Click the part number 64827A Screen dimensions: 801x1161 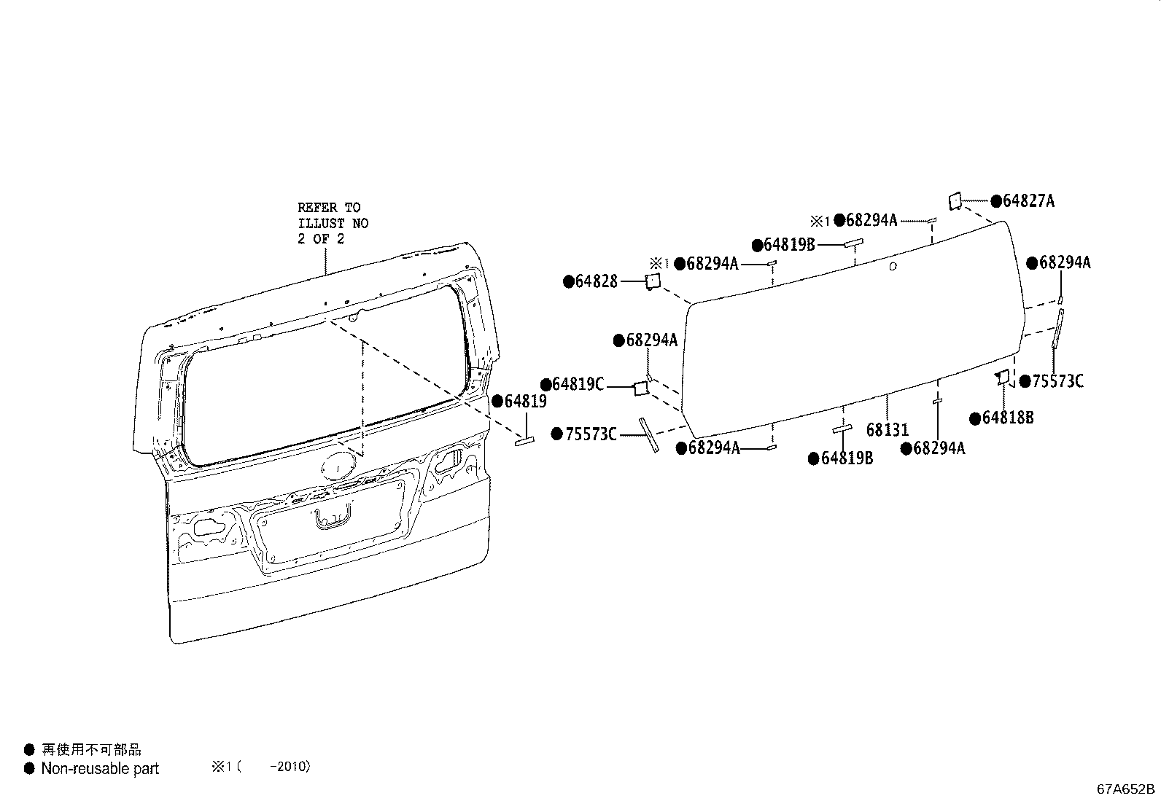point(1028,201)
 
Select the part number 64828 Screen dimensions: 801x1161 point(596,281)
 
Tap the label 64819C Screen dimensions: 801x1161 point(577,384)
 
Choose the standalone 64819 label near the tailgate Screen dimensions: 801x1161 point(524,402)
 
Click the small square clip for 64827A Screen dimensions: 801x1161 point(954,201)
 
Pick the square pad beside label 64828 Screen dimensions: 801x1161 point(652,281)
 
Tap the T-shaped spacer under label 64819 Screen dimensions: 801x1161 point(526,440)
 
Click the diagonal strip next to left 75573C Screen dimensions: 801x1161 point(648,435)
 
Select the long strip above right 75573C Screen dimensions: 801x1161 point(1057,328)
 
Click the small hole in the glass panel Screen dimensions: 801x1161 point(893,267)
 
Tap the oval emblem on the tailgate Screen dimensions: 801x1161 point(338,464)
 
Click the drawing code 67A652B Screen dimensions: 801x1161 point(1126,789)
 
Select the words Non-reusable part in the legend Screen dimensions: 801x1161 point(100,769)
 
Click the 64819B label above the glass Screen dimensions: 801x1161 point(789,245)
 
